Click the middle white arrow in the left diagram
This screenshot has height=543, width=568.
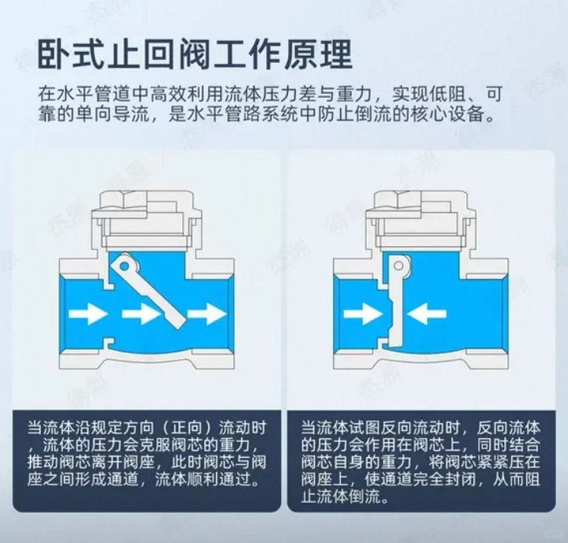point(140,314)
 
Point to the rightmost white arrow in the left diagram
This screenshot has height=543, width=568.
point(208,314)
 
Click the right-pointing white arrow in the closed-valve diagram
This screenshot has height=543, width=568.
point(361,314)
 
